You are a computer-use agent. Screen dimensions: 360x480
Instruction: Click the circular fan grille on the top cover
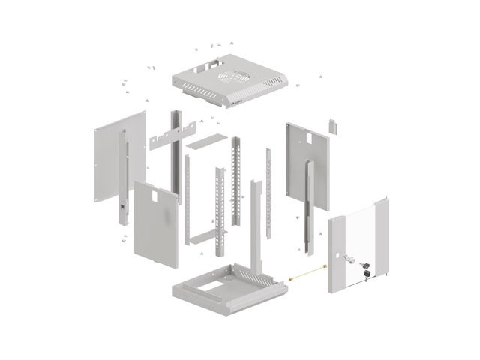tap(233, 77)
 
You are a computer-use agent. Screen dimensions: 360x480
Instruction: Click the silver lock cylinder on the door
tap(351, 259)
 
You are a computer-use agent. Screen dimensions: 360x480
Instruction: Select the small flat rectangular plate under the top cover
tap(206, 140)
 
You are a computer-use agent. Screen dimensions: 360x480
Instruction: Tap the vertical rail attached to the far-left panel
tap(123, 180)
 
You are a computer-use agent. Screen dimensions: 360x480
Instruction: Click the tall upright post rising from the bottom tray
tap(254, 225)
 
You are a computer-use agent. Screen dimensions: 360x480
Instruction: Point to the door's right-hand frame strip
tap(384, 240)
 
